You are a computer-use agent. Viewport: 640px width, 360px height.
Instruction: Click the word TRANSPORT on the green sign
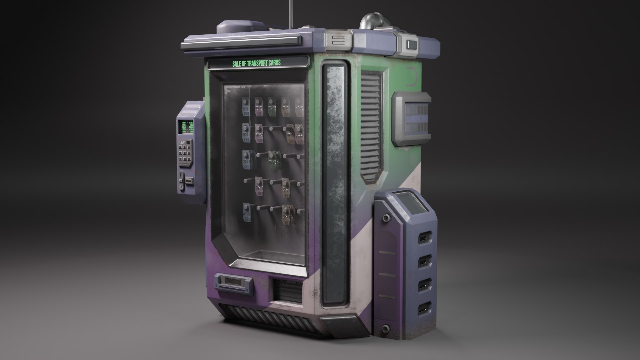(260, 63)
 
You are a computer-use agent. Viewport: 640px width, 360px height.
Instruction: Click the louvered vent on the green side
(371, 127)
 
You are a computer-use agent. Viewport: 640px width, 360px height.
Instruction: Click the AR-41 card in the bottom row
(247, 212)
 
